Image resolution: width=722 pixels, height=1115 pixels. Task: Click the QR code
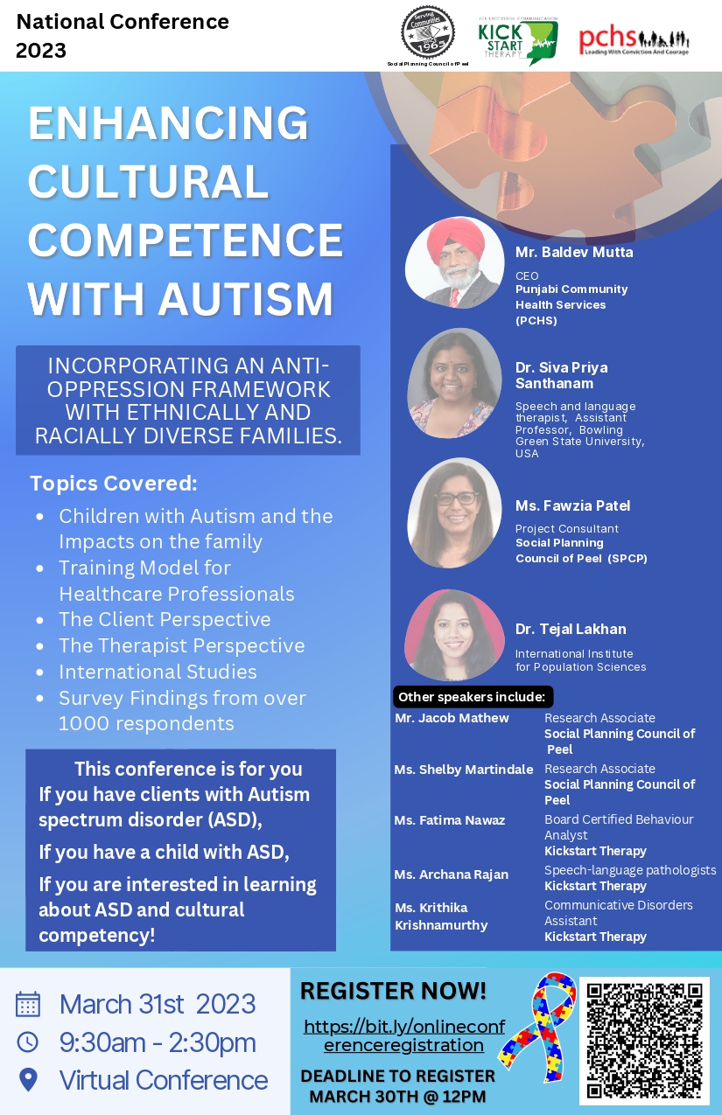coord(644,1040)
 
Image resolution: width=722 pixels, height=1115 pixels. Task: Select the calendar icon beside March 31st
coord(28,1003)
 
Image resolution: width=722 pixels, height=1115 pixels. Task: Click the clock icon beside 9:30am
coord(28,1042)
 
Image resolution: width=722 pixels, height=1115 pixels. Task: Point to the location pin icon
coord(28,1080)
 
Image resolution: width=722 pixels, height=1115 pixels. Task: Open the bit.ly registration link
coord(403,1035)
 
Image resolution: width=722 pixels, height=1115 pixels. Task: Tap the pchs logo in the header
coord(634,40)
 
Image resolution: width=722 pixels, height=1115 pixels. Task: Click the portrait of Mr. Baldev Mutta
coord(454,262)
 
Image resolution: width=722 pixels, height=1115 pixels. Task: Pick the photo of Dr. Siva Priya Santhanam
coord(454,382)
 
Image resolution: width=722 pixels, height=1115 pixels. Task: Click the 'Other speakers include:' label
coord(472,697)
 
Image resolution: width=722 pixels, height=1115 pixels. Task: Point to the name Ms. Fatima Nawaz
coord(438,820)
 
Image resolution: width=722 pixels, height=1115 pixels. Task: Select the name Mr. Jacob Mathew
coord(452,718)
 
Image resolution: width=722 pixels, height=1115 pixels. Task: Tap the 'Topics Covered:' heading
coord(114,484)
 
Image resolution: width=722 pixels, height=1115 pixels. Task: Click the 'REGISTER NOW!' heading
coord(393,992)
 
